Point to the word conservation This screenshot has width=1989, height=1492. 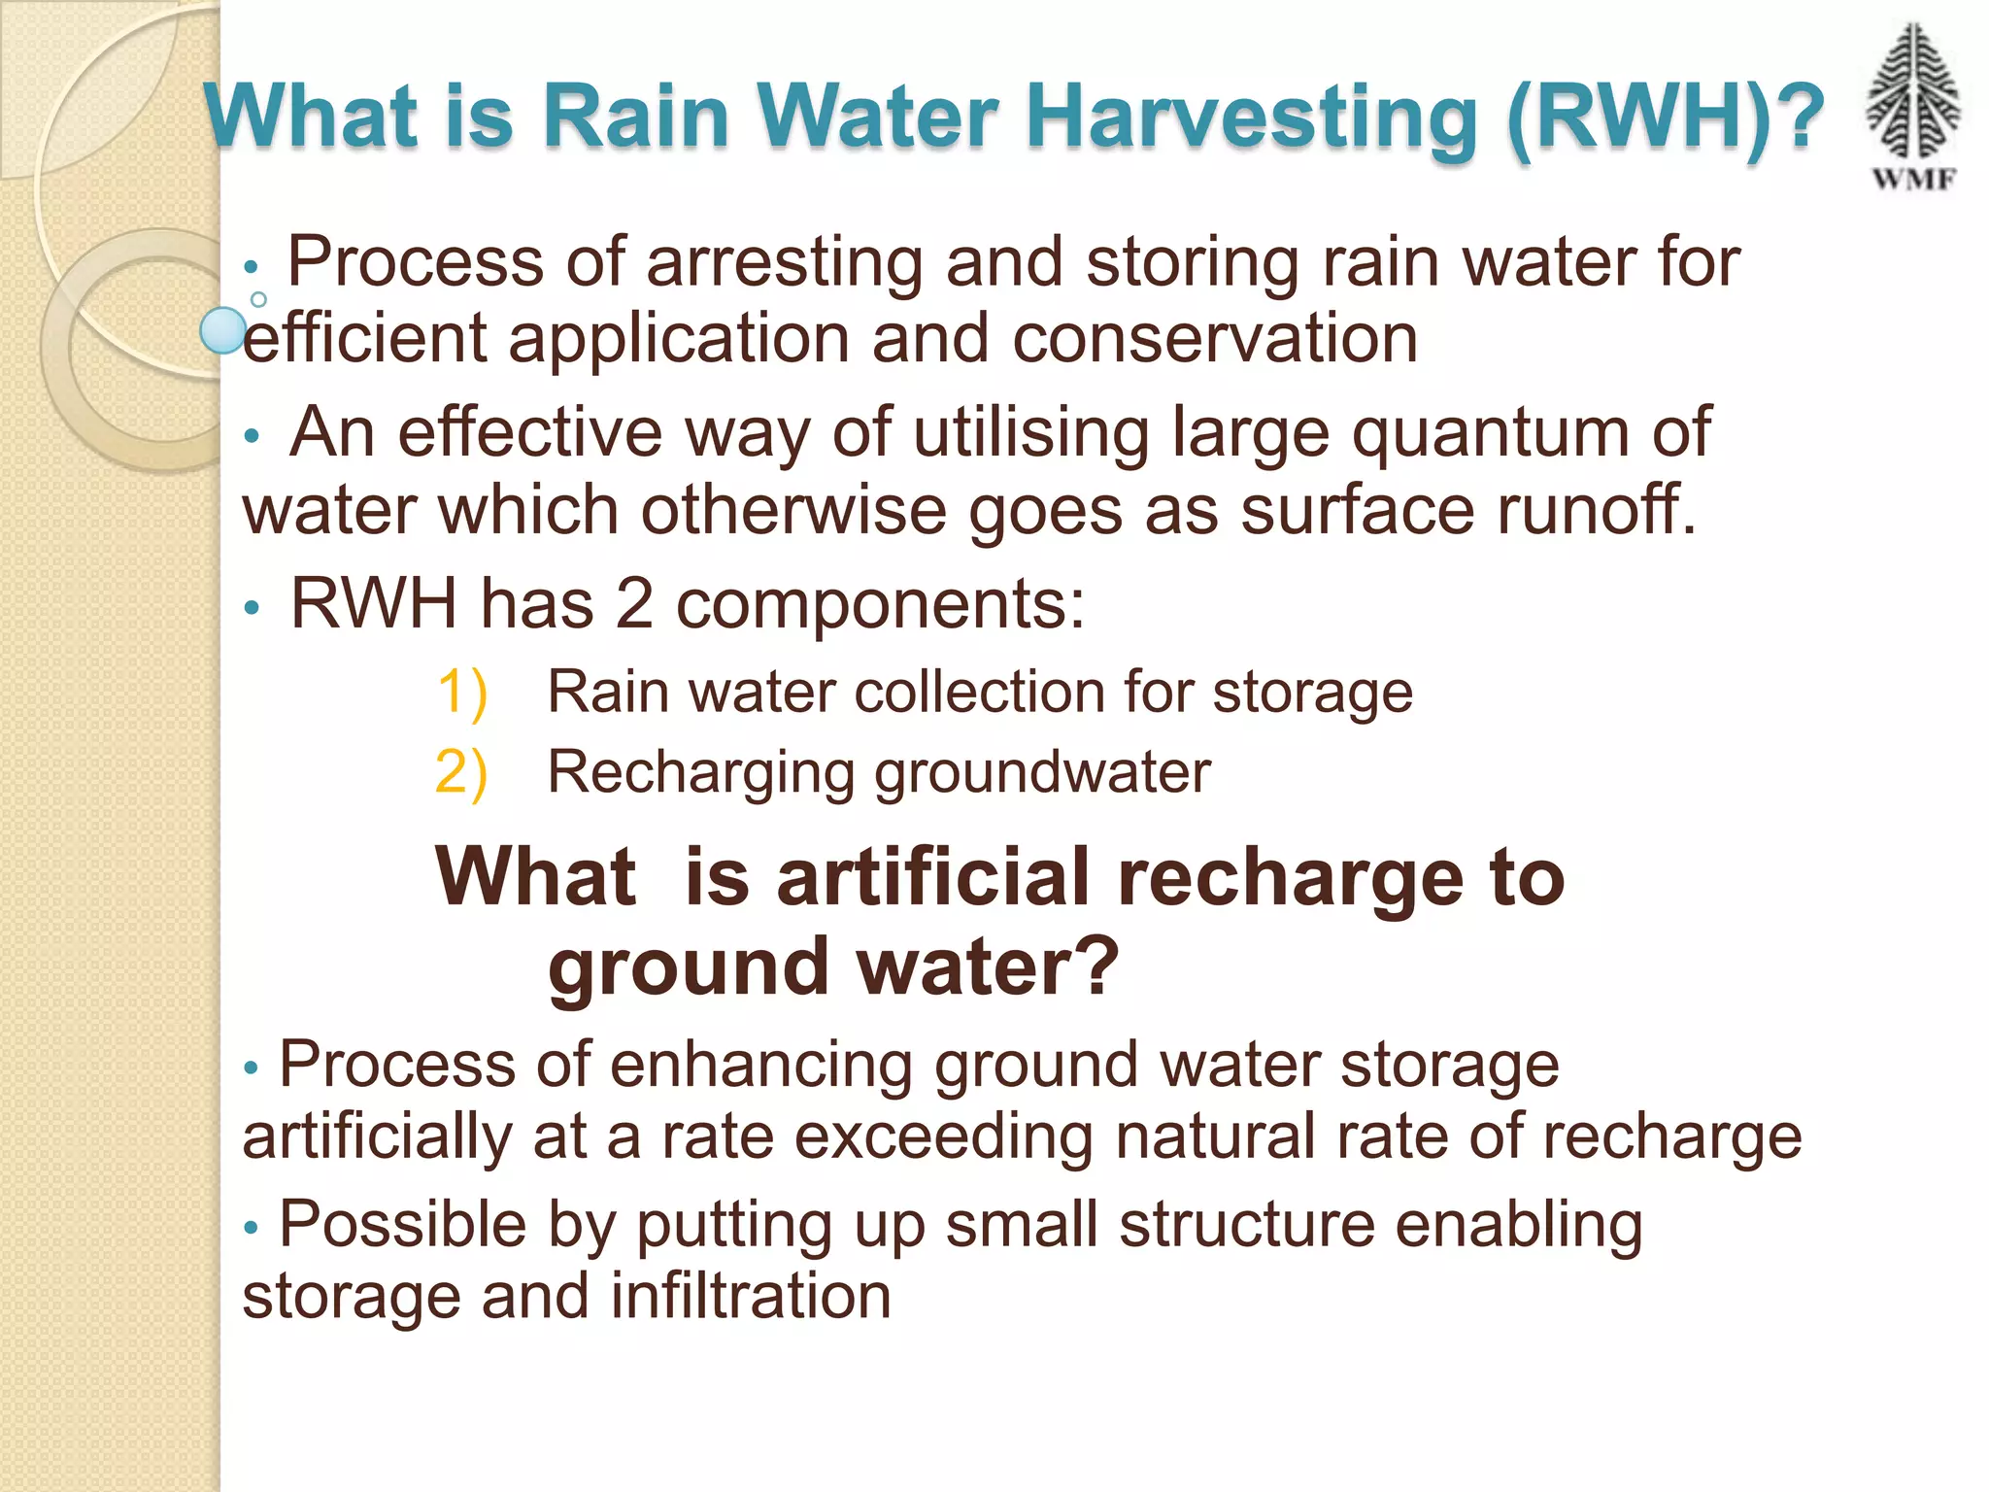click(x=1214, y=340)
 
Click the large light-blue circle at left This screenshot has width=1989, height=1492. click(x=223, y=331)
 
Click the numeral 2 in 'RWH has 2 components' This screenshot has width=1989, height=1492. click(x=634, y=604)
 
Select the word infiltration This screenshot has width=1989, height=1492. click(x=751, y=1297)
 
